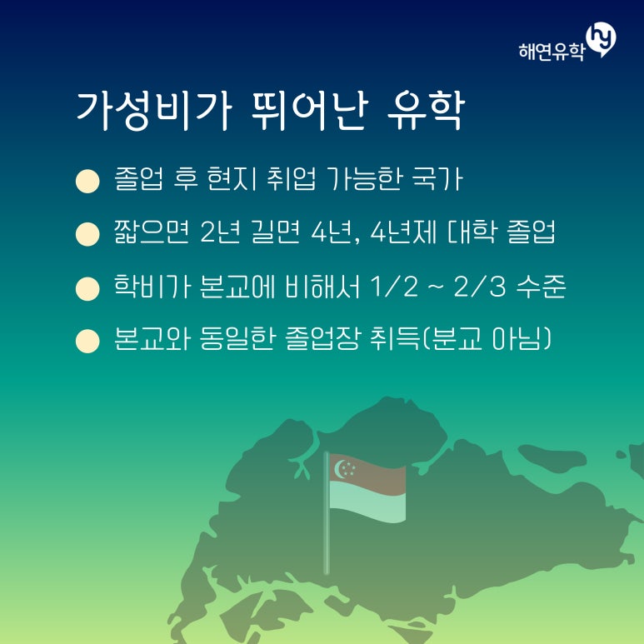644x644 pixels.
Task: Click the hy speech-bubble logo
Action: pos(601,39)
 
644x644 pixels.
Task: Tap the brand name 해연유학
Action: pos(552,52)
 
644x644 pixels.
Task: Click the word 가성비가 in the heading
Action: pos(154,111)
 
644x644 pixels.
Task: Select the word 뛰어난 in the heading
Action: pos(309,111)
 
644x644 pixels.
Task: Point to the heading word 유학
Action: pos(426,111)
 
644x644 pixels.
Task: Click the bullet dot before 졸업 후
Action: pos(87,181)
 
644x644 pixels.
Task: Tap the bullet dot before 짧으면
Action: pos(87,234)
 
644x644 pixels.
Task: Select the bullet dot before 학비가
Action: pos(87,289)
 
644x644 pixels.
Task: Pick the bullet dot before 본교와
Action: pos(87,342)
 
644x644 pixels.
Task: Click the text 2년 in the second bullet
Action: pos(220,232)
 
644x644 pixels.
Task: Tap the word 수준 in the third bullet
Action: pos(542,286)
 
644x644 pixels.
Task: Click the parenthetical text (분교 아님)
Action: pos(487,339)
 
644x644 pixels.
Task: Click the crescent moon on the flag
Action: pos(340,469)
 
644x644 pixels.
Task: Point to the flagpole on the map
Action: pos(327,513)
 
